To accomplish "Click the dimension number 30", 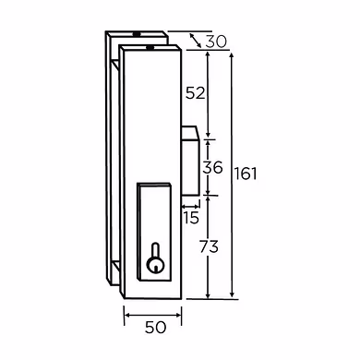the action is (x=216, y=42).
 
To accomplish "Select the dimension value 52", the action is (x=195, y=93).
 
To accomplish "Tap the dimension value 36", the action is (x=212, y=168).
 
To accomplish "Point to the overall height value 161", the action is (x=246, y=174).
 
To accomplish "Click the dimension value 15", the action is (x=191, y=218).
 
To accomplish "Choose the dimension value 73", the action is (x=209, y=246).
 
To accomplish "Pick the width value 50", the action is (x=155, y=328).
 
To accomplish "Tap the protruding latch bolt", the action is (x=191, y=161).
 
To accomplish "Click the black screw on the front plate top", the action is (x=150, y=47).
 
